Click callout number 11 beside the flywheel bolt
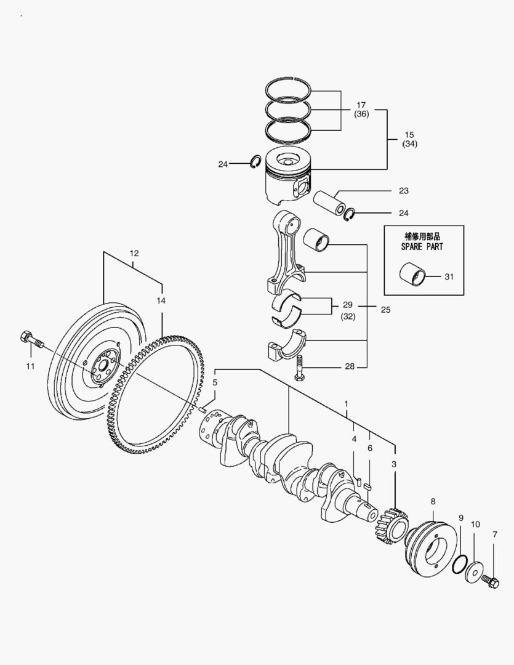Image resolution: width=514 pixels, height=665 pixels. [x=30, y=366]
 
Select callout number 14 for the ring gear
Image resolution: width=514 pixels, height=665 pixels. [x=161, y=300]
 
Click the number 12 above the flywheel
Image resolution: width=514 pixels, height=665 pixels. [x=134, y=253]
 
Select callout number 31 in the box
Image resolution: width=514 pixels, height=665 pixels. [x=448, y=277]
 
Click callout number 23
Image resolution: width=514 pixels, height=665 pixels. [x=403, y=191]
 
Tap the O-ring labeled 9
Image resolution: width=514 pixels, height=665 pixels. [x=458, y=563]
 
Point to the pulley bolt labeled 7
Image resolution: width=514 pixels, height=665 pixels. [x=491, y=580]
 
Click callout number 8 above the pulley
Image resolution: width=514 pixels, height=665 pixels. [x=433, y=501]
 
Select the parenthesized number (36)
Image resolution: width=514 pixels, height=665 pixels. [x=361, y=115]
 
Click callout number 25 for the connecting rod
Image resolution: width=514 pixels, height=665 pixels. [x=385, y=310]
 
